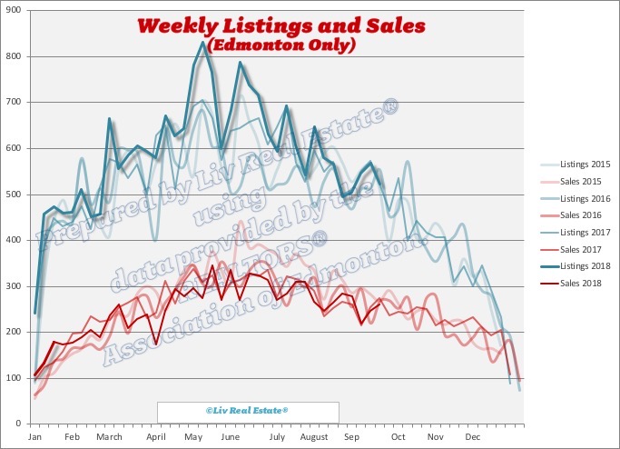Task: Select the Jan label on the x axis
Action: pos(36,436)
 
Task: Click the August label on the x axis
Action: pos(313,436)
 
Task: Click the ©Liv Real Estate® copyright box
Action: pos(248,411)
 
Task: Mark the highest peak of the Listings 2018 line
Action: pos(202,43)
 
